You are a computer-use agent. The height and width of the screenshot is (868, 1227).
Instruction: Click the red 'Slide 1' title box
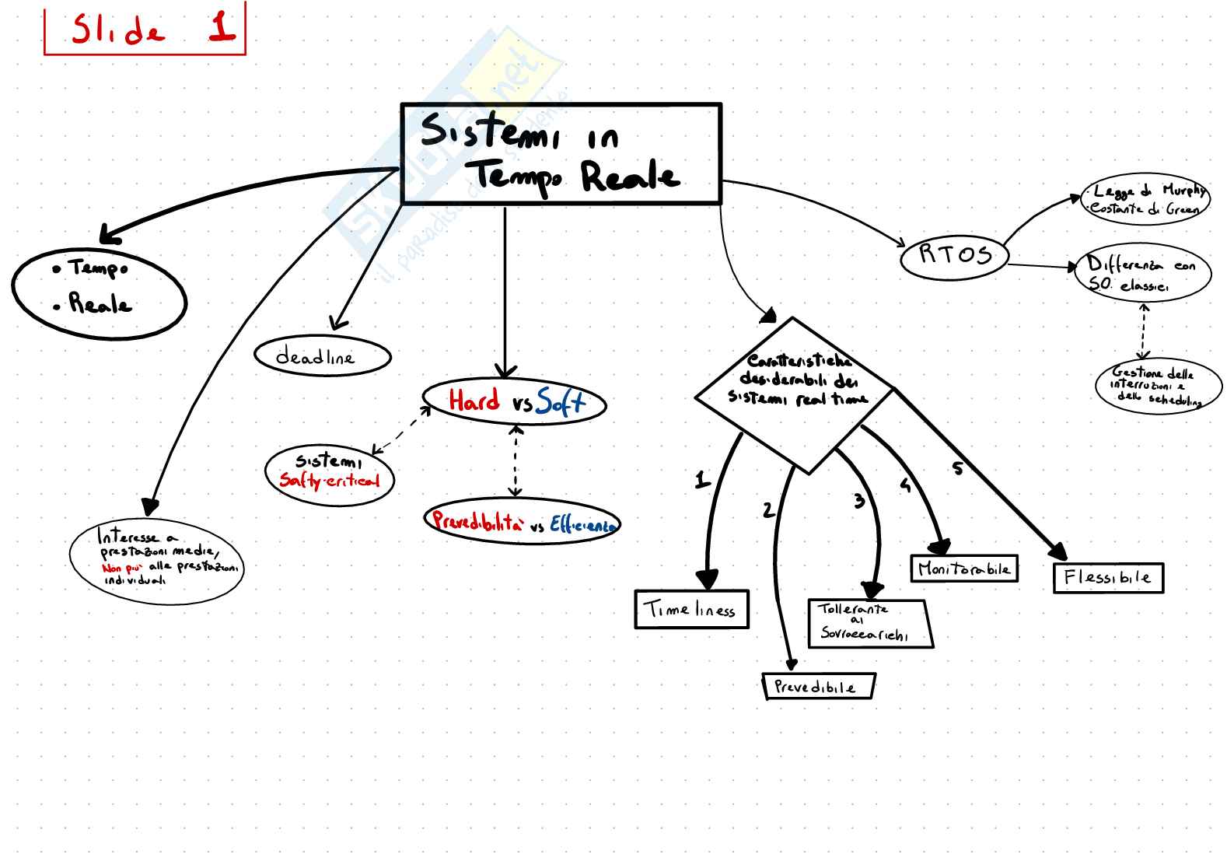click(x=145, y=29)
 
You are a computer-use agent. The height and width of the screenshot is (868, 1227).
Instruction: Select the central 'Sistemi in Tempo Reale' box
click(x=561, y=154)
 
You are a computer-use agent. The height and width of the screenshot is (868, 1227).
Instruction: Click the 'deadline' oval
click(x=322, y=357)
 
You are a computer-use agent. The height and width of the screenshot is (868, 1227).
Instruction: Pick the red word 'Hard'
click(x=474, y=401)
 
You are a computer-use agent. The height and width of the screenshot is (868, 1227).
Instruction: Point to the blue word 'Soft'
click(x=559, y=401)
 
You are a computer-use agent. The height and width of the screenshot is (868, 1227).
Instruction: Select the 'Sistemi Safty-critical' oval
click(x=330, y=474)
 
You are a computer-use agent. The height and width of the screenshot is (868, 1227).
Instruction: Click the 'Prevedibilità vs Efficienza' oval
click(x=522, y=522)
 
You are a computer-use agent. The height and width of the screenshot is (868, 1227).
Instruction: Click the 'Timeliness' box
click(x=691, y=609)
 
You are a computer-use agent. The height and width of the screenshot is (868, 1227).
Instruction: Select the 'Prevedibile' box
click(x=818, y=687)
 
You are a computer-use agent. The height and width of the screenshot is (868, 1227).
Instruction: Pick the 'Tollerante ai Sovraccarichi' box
click(x=869, y=623)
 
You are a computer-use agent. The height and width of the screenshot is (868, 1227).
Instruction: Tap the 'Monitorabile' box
click(x=963, y=569)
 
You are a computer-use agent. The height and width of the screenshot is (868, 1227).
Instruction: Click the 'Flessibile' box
click(x=1108, y=578)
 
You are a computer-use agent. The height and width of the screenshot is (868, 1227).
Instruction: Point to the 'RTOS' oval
click(x=954, y=256)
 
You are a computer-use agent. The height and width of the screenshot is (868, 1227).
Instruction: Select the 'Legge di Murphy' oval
click(x=1145, y=199)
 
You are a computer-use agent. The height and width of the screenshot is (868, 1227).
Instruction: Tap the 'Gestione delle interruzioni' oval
click(x=1154, y=387)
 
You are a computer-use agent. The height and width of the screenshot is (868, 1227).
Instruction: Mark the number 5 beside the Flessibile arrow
click(x=957, y=468)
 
